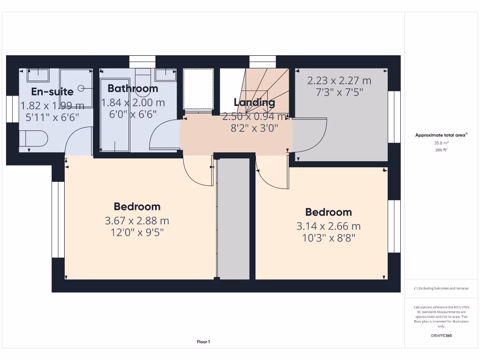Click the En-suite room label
pyautogui.click(x=52, y=92)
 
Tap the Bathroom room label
pyautogui.click(x=133, y=88)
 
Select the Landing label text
pyautogui.click(x=254, y=102)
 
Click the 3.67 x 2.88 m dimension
pyautogui.click(x=137, y=220)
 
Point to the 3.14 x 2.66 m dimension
pyautogui.click(x=328, y=226)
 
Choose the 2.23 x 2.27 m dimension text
pyautogui.click(x=339, y=81)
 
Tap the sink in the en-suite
pyautogui.click(x=38, y=75)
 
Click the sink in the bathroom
pyautogui.click(x=166, y=75)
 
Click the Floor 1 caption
pyautogui.click(x=203, y=342)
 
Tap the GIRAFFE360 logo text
pyautogui.click(x=441, y=336)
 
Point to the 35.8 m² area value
pyautogui.click(x=441, y=143)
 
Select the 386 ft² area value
pyautogui.click(x=441, y=150)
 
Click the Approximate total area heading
pyautogui.click(x=441, y=135)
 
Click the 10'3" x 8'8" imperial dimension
pyautogui.click(x=328, y=238)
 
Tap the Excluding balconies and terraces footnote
pyautogui.click(x=441, y=288)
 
